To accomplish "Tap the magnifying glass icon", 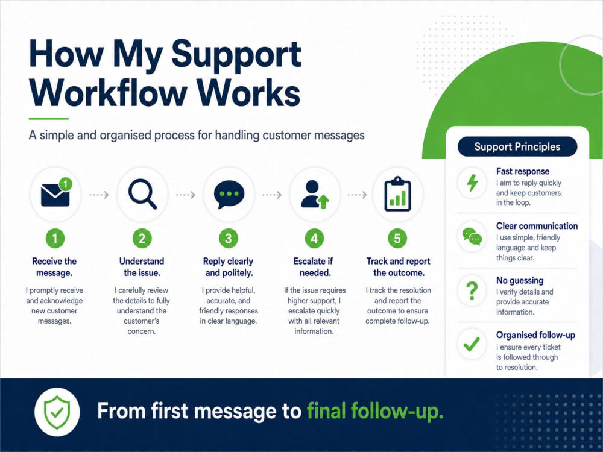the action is tap(142, 194).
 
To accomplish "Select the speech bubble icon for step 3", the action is tap(229, 195).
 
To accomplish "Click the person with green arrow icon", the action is tap(315, 195).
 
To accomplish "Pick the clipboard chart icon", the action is tap(397, 194).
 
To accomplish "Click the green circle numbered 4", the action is tap(314, 239).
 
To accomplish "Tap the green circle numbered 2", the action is tap(142, 239).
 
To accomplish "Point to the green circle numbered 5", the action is tap(397, 239).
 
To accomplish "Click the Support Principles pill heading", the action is tap(517, 146).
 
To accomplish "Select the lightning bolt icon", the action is tap(472, 183).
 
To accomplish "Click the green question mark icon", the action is tap(472, 291).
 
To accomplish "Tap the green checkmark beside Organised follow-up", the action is tap(472, 344).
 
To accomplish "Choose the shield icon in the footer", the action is tap(57, 412).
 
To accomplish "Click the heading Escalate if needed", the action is tap(314, 267).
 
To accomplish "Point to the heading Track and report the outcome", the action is tap(399, 267).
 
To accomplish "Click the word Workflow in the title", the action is tap(109, 93).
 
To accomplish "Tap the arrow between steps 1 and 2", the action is tap(99, 195).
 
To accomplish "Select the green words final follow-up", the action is tap(375, 411).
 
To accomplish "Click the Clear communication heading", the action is tap(537, 225).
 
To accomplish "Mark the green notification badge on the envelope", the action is tap(66, 184).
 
